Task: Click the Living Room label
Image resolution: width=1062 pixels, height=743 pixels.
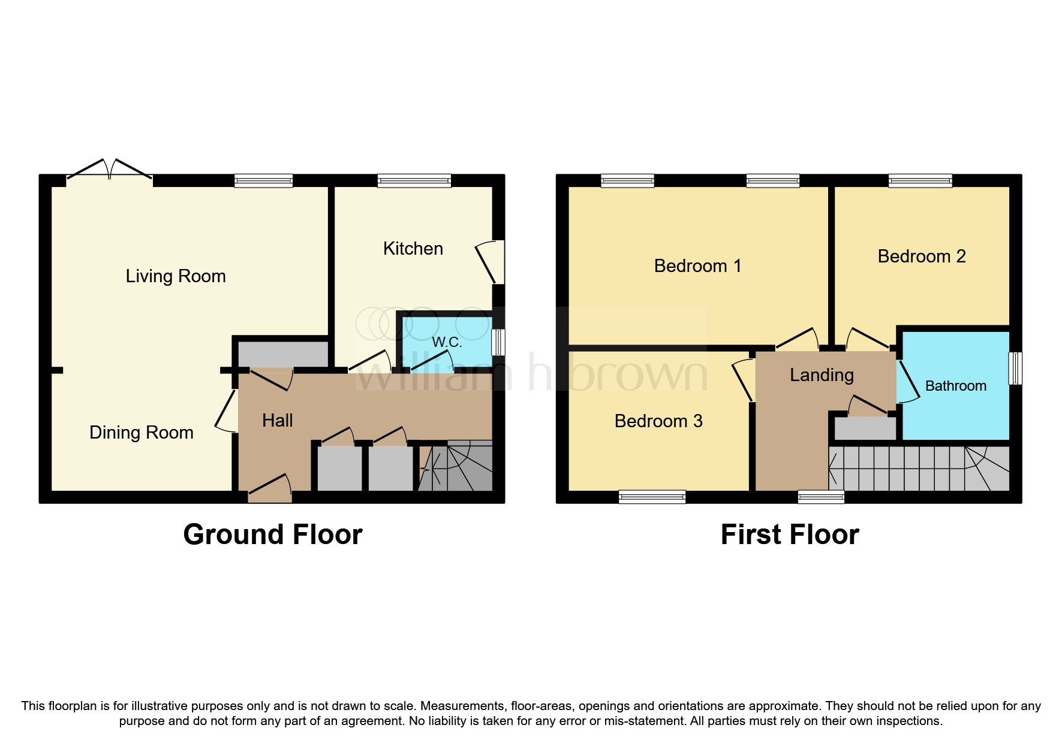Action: point(176,276)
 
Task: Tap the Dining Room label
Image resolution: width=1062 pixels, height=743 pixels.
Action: point(142,433)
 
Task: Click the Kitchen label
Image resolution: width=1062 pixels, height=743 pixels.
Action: point(413,249)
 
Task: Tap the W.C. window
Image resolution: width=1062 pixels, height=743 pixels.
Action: point(498,342)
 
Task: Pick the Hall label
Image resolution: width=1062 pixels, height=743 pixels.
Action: point(278,421)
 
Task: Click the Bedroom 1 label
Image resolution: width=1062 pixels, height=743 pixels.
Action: point(697,266)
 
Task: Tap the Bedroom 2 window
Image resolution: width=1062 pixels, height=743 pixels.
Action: point(920,180)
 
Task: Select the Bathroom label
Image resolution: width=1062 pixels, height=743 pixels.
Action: point(955,386)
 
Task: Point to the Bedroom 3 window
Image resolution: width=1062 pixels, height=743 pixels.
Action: point(652,496)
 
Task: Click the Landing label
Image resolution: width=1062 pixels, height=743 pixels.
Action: point(822,375)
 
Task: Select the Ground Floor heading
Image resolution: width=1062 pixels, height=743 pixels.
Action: point(273,534)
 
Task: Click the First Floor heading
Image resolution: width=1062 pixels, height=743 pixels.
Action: point(790,534)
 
